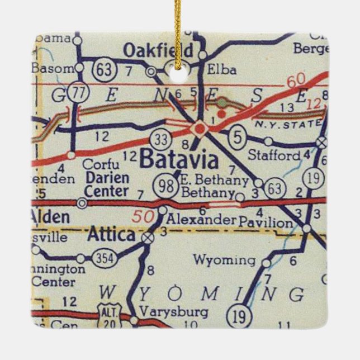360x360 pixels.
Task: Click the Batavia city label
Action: (179, 161)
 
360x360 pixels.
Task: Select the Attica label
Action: (111, 235)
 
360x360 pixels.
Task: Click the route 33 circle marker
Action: (160, 137)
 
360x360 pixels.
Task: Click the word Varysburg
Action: (167, 311)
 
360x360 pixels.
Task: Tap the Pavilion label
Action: (265, 222)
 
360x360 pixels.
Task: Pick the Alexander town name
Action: (201, 220)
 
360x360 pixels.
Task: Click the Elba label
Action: (221, 70)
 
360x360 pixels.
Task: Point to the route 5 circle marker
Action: (235, 134)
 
